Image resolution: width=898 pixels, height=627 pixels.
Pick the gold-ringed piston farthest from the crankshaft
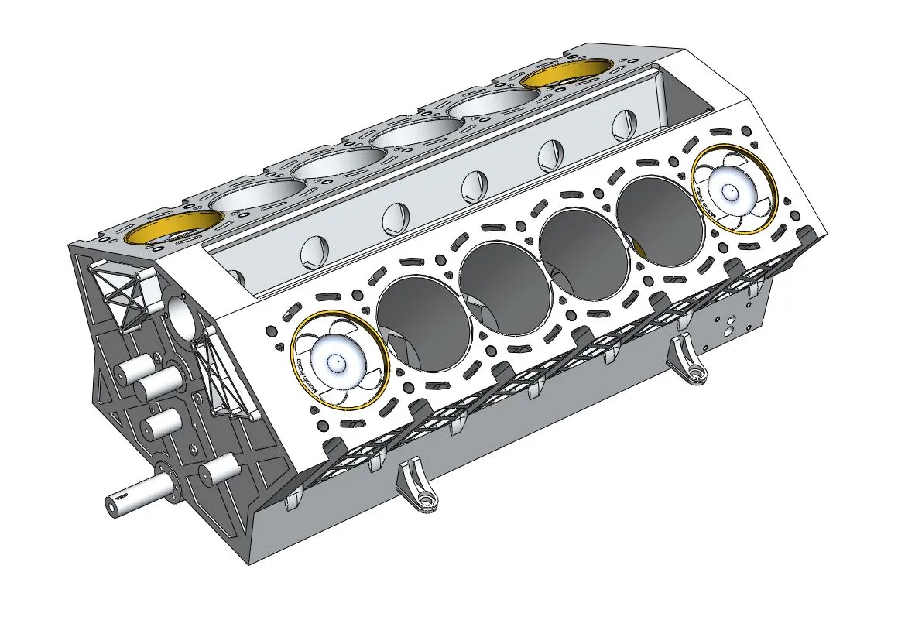pyautogui.click(x=732, y=190)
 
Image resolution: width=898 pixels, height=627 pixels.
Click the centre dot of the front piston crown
pyautogui.click(x=337, y=361)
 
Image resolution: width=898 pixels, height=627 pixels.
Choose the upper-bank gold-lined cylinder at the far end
pyautogui.click(x=565, y=75)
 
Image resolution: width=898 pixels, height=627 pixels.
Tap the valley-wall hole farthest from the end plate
pyautogui.click(x=622, y=124)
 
